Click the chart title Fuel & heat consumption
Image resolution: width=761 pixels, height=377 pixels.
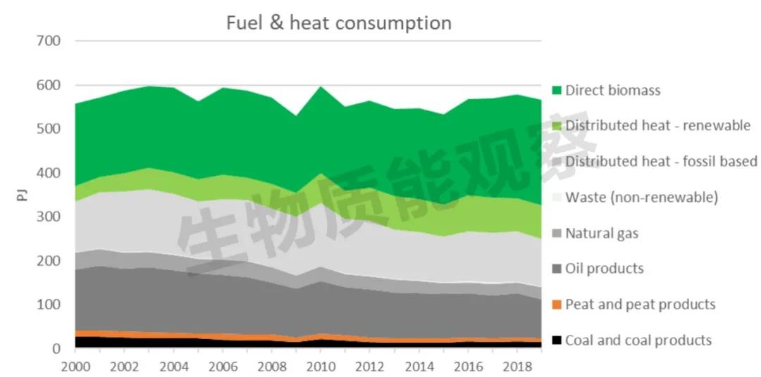338,23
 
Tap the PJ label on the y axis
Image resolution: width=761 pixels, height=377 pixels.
21,193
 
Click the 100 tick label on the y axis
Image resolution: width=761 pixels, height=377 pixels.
48,305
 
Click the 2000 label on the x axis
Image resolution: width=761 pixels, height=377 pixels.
75,368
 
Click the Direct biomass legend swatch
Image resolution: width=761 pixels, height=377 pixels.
557,91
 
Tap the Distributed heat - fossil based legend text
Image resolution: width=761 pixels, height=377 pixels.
661,161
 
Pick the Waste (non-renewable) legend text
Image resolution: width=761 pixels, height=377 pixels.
641,197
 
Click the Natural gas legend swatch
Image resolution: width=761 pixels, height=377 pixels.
557,234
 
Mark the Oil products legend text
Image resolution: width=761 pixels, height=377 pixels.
604,268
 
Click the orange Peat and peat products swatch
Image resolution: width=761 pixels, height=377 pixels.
557,305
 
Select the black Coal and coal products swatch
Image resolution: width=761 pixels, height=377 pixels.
557,340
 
